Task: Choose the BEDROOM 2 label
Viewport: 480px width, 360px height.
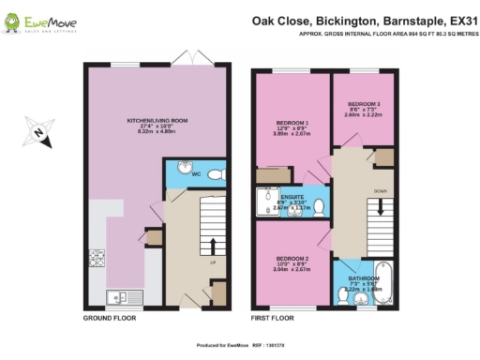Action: click(292, 261)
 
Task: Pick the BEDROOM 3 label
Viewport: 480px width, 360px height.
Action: click(364, 106)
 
